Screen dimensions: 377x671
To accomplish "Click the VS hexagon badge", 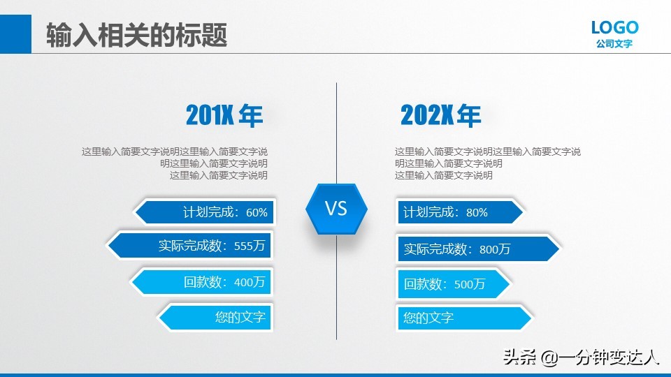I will point(336,208).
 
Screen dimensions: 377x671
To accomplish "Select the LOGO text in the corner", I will point(614,27).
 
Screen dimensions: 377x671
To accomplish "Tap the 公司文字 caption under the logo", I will point(614,44).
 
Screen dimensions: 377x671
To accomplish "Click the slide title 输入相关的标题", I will point(137,35).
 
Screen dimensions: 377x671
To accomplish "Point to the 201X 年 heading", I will point(224,116).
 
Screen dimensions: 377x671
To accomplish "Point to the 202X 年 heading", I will point(440,116).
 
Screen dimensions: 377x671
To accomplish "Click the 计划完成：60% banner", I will point(205,212).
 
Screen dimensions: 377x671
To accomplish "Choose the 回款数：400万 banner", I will point(203,282).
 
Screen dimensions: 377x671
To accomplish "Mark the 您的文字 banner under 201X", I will point(217,317).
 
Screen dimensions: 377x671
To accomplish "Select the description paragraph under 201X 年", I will point(175,163).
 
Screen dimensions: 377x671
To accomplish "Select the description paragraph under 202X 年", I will point(487,163).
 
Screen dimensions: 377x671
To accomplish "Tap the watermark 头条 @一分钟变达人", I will point(582,357).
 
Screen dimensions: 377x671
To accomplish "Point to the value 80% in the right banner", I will point(477,212).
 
